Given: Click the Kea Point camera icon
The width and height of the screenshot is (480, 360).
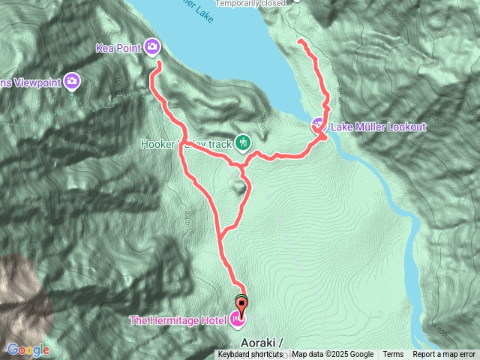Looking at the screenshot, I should point(153,48).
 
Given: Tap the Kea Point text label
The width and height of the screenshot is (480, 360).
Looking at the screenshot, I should point(119,48).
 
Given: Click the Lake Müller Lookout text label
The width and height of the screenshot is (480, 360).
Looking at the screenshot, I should point(378,127).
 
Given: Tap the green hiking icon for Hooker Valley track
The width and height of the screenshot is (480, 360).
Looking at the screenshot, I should point(242,141).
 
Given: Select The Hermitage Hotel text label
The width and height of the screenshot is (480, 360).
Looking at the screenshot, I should point(178,321).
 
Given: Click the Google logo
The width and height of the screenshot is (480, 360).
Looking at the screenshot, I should point(28,349).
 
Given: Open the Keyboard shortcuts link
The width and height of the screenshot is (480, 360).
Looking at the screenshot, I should point(250,355).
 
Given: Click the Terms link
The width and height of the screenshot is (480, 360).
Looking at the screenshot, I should point(393,355).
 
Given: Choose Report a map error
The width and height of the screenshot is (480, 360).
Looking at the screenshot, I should point(444,355).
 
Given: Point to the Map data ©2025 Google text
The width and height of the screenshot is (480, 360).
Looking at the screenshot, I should point(332,355).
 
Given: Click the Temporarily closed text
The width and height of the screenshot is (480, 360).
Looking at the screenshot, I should point(253,3).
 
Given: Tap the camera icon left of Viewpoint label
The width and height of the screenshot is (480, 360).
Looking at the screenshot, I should point(72,81).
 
